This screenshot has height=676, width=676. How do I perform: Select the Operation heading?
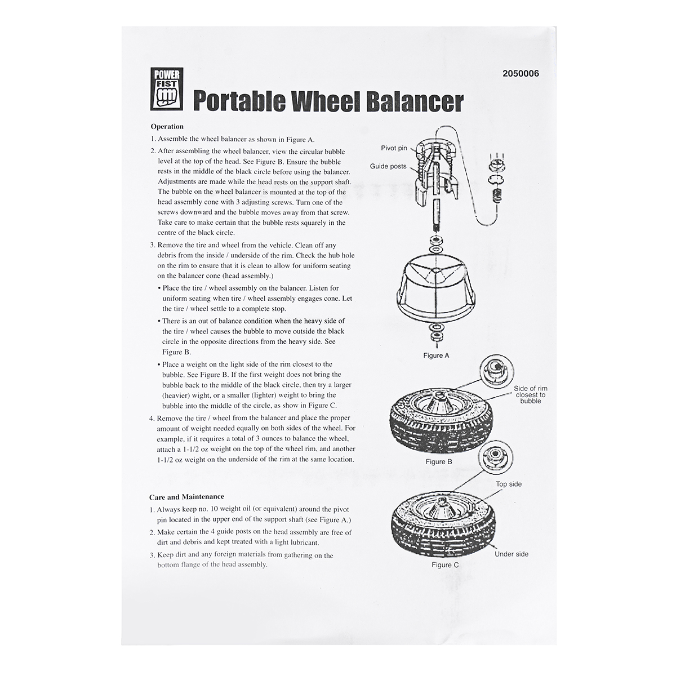tap(167, 127)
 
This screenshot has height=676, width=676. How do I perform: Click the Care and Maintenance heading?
tap(186, 497)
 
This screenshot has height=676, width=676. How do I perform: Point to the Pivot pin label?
tap(394, 148)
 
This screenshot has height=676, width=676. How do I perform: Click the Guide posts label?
tap(388, 166)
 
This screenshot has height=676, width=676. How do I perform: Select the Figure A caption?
tap(436, 355)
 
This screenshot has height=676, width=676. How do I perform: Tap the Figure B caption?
tap(439, 461)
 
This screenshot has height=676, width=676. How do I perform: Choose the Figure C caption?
tap(445, 564)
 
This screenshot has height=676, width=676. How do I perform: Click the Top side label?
tap(509, 484)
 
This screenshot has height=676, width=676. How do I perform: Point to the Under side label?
tap(512, 554)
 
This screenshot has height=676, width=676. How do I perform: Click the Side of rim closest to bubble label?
tap(530, 394)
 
